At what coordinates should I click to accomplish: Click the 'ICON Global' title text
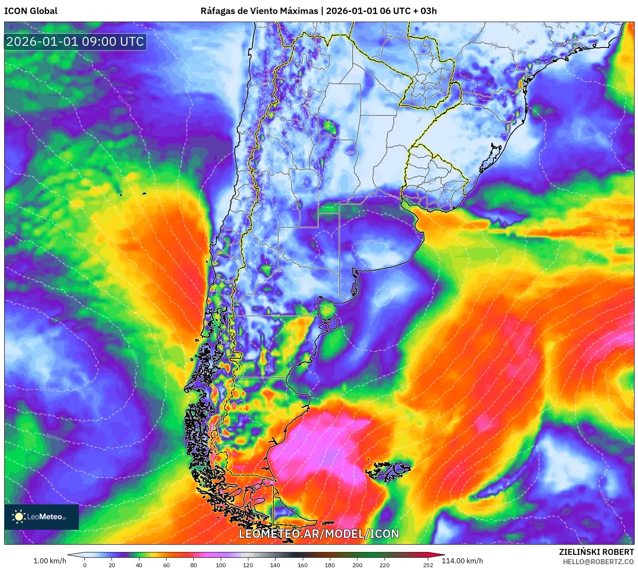[31, 11]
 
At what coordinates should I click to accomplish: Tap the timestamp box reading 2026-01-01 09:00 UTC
[75, 42]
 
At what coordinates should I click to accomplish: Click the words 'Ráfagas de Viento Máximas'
[259, 11]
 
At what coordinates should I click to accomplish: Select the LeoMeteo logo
[41, 517]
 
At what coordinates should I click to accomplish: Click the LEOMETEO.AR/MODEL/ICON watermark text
[319, 534]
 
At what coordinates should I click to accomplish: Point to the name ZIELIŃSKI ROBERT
[596, 552]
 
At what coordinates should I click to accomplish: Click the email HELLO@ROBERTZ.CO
[598, 562]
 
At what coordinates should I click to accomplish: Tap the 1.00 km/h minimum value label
[50, 561]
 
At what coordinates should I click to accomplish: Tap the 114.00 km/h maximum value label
[462, 561]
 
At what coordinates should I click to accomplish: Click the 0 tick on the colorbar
[85, 565]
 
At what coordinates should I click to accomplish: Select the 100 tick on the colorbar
[221, 565]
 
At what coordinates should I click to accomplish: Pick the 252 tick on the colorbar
[428, 565]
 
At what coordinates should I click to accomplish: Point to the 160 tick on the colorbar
[303, 565]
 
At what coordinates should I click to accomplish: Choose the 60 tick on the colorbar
[167, 565]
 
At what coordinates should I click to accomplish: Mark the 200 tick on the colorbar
[357, 565]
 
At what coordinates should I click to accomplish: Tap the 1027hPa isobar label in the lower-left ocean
[55, 437]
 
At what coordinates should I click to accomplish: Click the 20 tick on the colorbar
[112, 565]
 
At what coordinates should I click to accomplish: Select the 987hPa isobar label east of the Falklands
[502, 479]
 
